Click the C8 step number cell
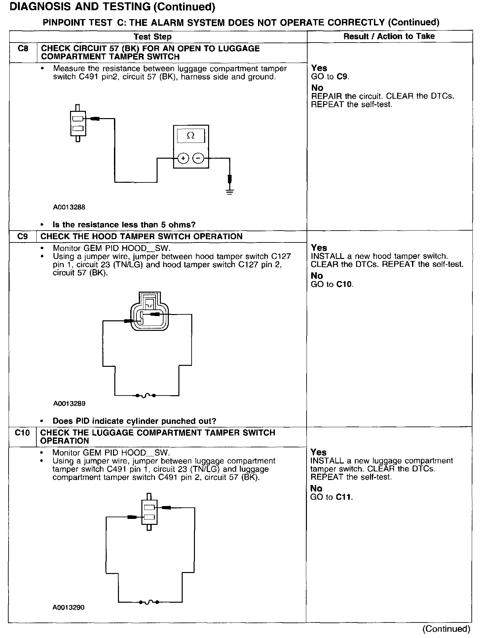click(x=23, y=49)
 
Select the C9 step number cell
click(x=23, y=237)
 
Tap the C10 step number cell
click(x=22, y=433)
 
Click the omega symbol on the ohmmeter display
click(x=191, y=135)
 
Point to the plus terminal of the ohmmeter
click(x=183, y=159)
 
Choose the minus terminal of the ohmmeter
click(x=198, y=159)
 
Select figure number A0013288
click(x=69, y=207)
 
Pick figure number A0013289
click(x=69, y=403)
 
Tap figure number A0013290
click(x=68, y=607)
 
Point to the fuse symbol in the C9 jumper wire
click(x=146, y=395)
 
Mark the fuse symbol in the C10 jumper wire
click(x=149, y=602)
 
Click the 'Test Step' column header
click(x=153, y=37)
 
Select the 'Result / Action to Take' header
click(x=389, y=36)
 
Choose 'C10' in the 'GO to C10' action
click(x=345, y=284)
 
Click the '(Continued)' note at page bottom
click(x=446, y=629)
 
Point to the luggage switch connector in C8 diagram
click(x=78, y=123)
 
